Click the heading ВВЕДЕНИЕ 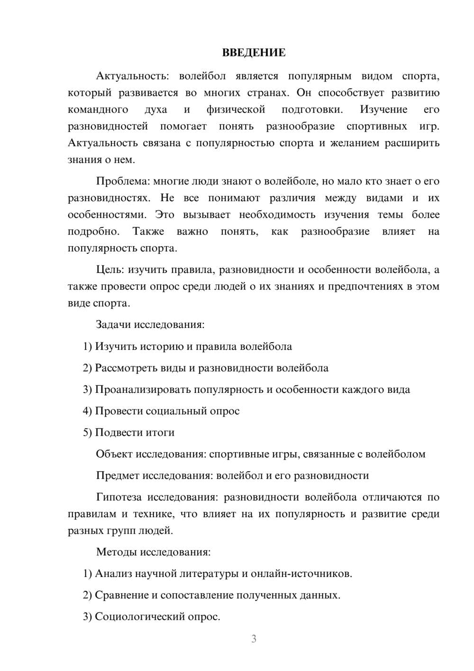[x=254, y=53]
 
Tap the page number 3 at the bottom [x=254, y=639]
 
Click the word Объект [x=114, y=454]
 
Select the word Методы [x=115, y=552]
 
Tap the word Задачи [x=113, y=325]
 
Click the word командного [x=98, y=110]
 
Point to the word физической [x=236, y=110]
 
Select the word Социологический [x=138, y=616]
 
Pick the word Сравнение [x=122, y=595]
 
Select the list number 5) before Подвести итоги [x=87, y=433]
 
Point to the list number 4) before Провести [x=87, y=411]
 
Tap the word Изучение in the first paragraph [x=383, y=110]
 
